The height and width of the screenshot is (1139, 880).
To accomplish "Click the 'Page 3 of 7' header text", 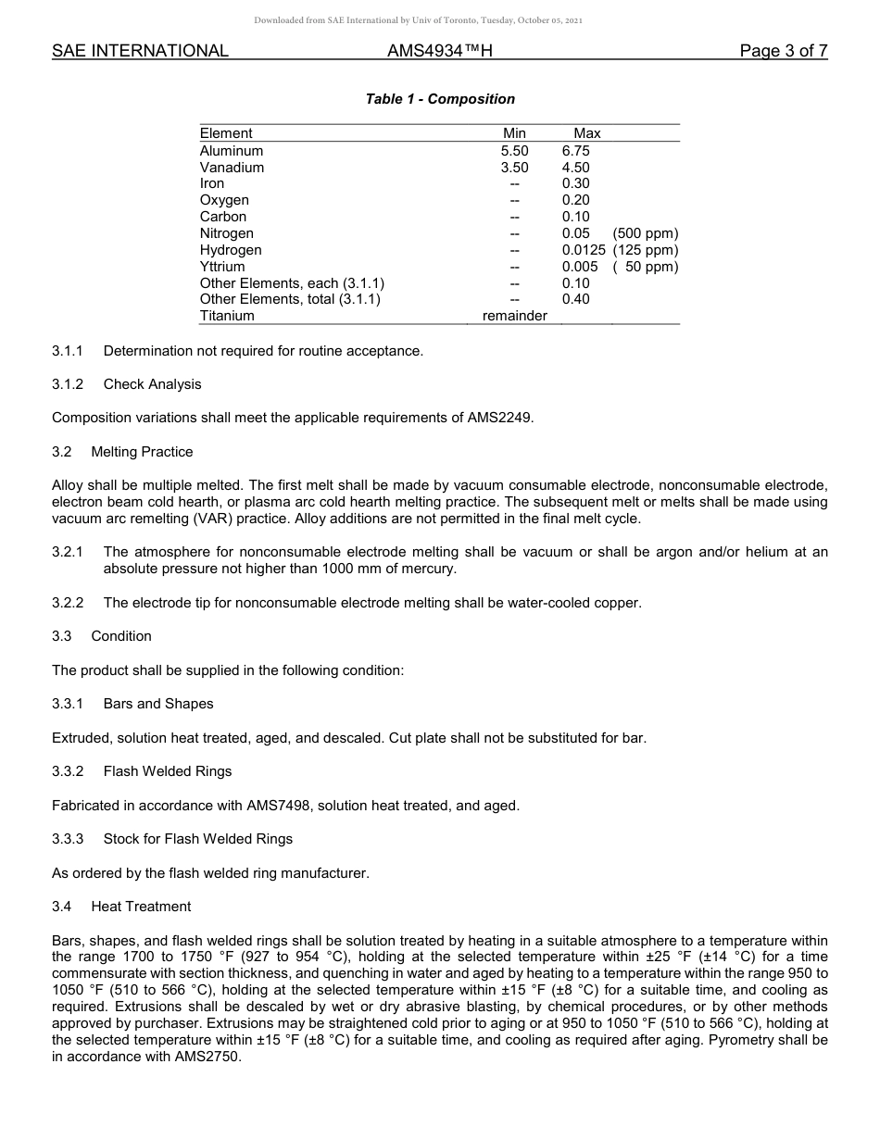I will (x=783, y=51).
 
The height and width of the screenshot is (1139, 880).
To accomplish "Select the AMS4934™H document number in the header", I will (x=439, y=51).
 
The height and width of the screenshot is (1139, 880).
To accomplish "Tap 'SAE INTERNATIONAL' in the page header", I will (x=140, y=51).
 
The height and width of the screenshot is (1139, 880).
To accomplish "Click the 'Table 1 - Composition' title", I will (x=440, y=99).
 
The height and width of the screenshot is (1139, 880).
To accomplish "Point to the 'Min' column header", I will (x=514, y=133).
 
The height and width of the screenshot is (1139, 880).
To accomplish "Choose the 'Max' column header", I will (x=587, y=133).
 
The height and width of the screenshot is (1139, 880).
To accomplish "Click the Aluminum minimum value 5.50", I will (x=514, y=151).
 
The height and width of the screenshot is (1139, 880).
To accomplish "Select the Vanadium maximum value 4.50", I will (x=575, y=168).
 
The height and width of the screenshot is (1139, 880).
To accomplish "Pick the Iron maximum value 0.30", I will (x=575, y=183).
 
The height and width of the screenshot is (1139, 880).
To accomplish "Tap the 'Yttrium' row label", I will (x=222, y=267).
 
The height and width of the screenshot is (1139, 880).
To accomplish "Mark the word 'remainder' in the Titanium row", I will (x=514, y=316).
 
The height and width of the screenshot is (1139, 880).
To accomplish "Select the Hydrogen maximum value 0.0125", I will (x=584, y=250).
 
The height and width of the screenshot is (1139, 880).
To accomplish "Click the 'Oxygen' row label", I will (x=224, y=200).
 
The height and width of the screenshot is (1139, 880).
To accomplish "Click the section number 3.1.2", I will (x=68, y=384).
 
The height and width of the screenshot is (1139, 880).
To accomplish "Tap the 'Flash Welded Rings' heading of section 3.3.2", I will (x=168, y=771).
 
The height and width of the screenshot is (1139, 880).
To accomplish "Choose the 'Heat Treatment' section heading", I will (x=141, y=907).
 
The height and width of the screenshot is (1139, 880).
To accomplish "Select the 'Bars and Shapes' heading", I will (x=158, y=704).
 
